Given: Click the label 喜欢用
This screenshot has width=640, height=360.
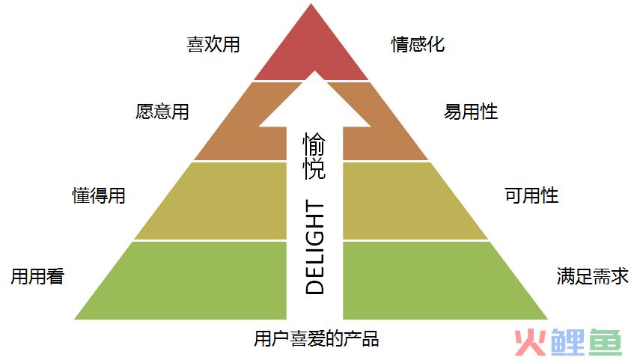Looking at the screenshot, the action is [x=213, y=44].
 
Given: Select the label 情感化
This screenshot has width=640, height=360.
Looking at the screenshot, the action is [x=418, y=44].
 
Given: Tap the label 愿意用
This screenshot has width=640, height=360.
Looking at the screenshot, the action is [x=162, y=112].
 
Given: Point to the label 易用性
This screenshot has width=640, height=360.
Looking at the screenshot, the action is [x=471, y=112].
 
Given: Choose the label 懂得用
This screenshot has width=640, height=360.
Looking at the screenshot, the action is [x=99, y=195].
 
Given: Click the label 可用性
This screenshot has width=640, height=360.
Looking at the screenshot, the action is [x=531, y=195].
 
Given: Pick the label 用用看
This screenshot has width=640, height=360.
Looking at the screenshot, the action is [x=37, y=276].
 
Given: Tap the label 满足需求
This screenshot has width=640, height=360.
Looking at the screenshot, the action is [x=593, y=276].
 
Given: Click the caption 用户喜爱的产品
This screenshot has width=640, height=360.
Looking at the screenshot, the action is [x=317, y=339].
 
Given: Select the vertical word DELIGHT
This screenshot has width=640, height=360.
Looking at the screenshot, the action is [x=314, y=247].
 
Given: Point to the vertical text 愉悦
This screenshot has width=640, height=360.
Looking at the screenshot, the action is [x=314, y=156].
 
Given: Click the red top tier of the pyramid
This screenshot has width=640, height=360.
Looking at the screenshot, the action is [x=311, y=49].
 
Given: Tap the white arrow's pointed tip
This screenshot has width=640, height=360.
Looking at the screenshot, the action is [x=314, y=72].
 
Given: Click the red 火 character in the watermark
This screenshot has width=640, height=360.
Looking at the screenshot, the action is [x=530, y=343].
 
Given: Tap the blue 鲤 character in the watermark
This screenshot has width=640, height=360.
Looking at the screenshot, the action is [x=567, y=343].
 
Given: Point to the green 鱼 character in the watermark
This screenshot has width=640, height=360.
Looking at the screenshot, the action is [x=605, y=343].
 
